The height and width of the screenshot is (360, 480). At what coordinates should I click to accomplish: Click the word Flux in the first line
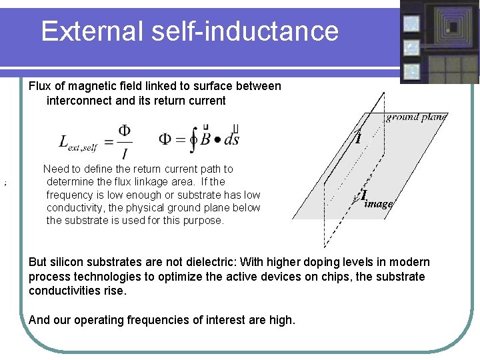(40, 86)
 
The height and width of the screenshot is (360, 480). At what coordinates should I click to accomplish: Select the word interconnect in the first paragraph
(76, 101)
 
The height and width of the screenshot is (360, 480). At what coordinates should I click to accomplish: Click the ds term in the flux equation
(231, 139)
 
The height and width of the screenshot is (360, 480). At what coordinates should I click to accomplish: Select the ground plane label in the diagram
(416, 117)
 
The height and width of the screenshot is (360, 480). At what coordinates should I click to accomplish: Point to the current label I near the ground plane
(358, 138)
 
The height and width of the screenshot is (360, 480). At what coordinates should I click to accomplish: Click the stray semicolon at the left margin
(5, 182)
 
